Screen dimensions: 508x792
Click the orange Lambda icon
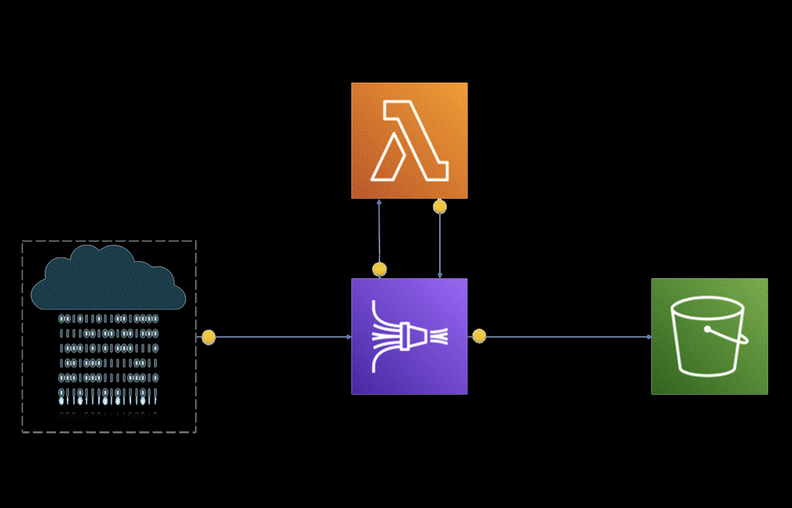pyautogui.click(x=409, y=141)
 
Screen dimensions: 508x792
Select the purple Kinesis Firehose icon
pyautogui.click(x=409, y=336)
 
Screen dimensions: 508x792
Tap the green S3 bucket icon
pyautogui.click(x=709, y=336)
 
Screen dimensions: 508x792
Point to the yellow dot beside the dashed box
pyautogui.click(x=208, y=337)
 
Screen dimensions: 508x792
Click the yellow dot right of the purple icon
pyautogui.click(x=479, y=336)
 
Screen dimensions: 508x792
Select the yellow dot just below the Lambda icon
pyautogui.click(x=440, y=206)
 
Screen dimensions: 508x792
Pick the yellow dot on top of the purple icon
pyautogui.click(x=380, y=269)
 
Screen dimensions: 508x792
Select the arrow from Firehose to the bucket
pyautogui.click(x=566, y=337)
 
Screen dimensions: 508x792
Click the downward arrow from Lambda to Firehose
pyautogui.click(x=440, y=245)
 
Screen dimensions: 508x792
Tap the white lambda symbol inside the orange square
pyautogui.click(x=411, y=141)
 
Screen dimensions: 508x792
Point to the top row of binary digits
pyautogui.click(x=109, y=318)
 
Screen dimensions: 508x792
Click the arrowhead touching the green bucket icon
pyautogui.click(x=649, y=337)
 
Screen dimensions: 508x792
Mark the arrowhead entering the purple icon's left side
pyautogui.click(x=348, y=337)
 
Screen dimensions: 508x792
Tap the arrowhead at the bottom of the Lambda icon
pyautogui.click(x=380, y=202)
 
